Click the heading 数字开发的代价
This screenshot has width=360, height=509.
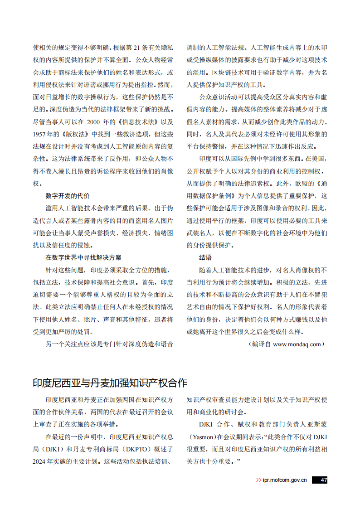click(x=68, y=196)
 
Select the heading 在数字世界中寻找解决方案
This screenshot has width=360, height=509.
click(x=83, y=257)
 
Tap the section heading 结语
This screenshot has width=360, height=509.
click(x=205, y=257)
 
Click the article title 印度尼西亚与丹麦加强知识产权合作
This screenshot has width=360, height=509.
click(x=110, y=383)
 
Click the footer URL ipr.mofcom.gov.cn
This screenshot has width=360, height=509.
click(x=285, y=480)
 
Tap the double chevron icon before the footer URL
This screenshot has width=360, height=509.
click(x=258, y=480)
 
